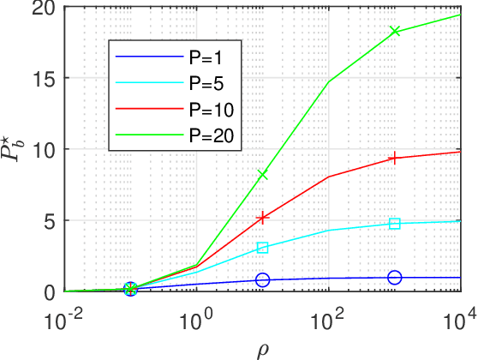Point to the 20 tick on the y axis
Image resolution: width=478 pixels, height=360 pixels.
click(x=45, y=8)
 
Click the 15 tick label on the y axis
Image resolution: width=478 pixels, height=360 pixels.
click(x=45, y=78)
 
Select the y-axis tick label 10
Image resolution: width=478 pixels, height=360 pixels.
click(x=45, y=149)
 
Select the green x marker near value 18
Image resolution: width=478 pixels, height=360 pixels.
click(x=395, y=32)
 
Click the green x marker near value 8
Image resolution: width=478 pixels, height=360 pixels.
click(x=263, y=175)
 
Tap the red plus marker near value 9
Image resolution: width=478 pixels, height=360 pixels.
click(x=395, y=158)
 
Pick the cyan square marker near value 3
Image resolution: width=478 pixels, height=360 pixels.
click(x=263, y=248)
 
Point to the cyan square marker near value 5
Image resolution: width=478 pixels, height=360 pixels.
click(x=395, y=224)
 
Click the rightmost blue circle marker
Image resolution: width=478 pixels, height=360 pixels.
click(x=395, y=278)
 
